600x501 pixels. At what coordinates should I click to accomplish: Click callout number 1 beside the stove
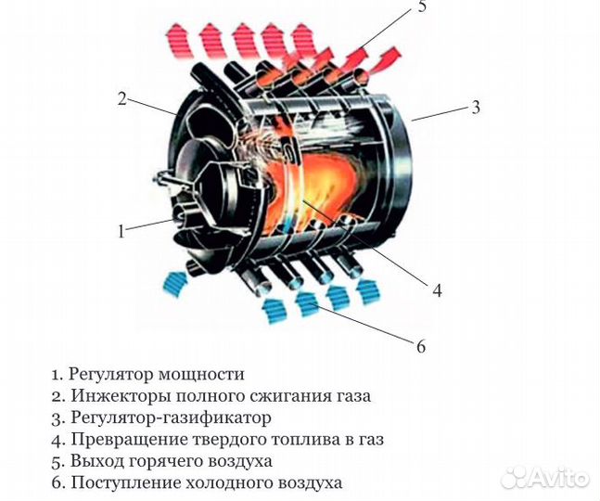coord(121,231)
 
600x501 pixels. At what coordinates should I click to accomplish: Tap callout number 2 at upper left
coord(121,99)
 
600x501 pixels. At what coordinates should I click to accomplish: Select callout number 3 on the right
coord(476,107)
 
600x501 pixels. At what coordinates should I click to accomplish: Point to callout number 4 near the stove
coord(437,289)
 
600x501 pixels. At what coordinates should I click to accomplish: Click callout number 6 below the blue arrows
coord(420,347)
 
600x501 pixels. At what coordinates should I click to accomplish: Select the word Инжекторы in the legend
coord(115,396)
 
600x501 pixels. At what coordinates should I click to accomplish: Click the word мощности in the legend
coord(203,375)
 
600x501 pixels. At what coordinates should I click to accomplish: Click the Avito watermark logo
coord(543,477)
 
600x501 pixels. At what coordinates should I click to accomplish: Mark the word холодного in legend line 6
coord(246,482)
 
